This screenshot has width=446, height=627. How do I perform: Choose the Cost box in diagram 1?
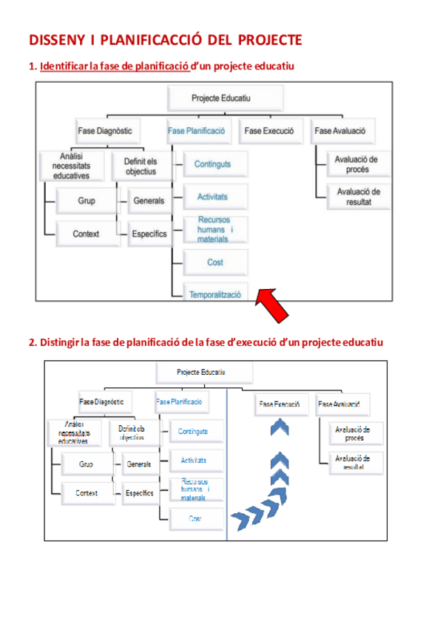click(215, 262)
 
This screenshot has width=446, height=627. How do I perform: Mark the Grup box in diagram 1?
click(86, 200)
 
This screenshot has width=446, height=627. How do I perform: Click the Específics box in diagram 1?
click(149, 234)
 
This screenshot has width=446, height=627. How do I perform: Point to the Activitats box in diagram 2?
click(194, 460)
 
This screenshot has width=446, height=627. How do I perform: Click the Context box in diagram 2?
click(87, 492)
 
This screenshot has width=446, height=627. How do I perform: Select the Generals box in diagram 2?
click(138, 464)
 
